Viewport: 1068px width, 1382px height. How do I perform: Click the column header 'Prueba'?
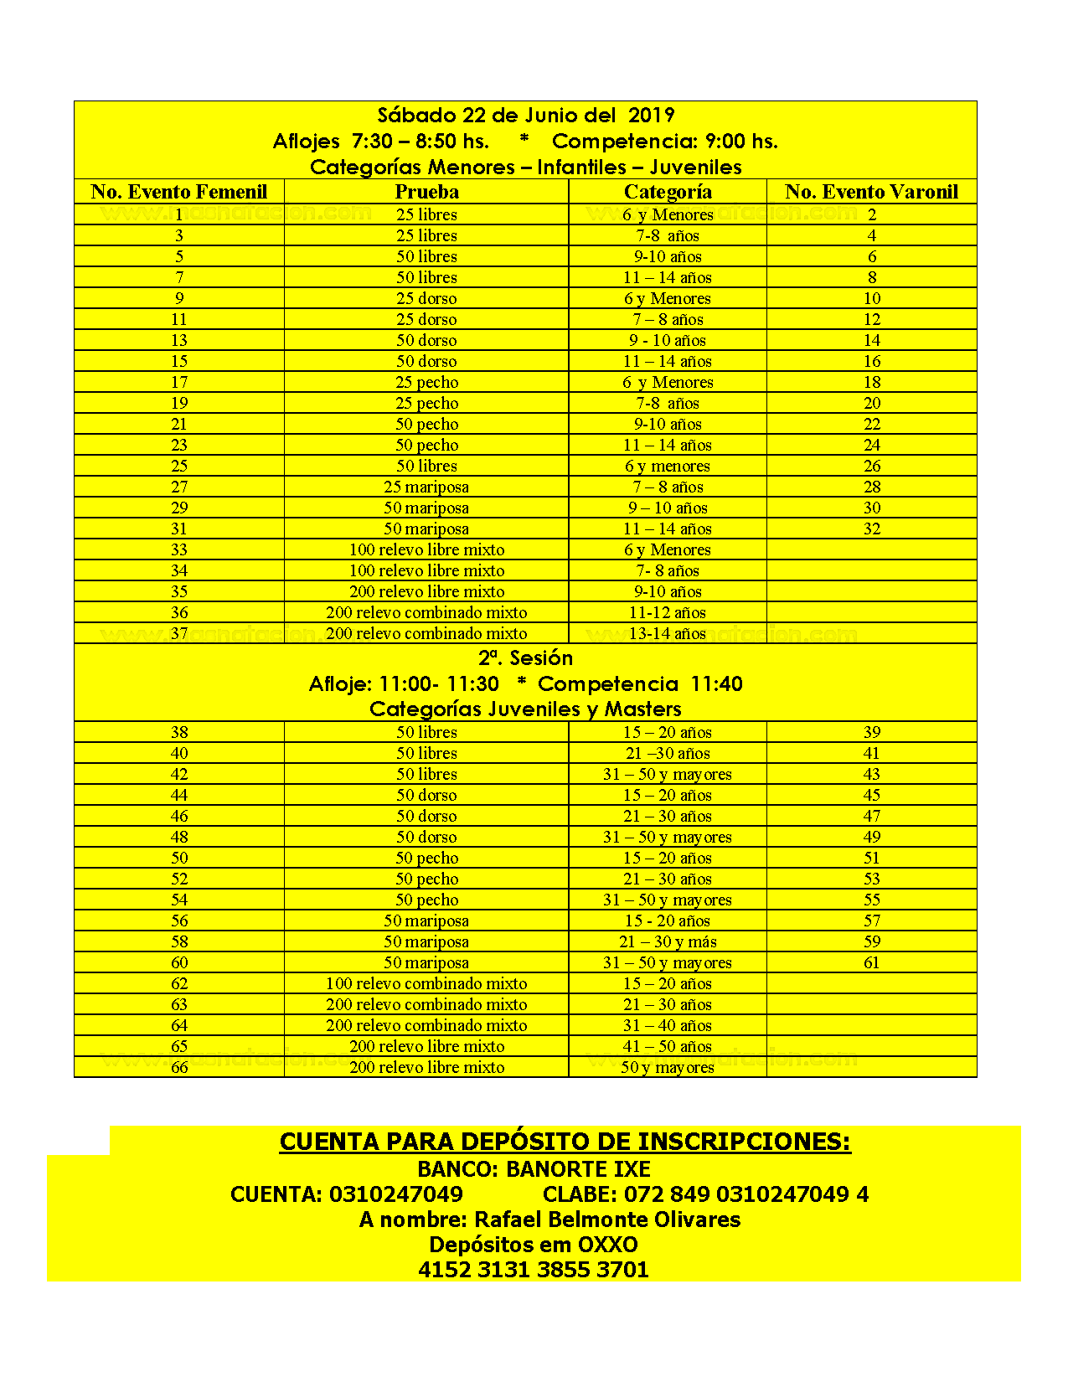click(x=426, y=192)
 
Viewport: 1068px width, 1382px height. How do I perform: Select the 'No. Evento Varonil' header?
click(x=871, y=192)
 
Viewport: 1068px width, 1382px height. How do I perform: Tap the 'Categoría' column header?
click(x=668, y=192)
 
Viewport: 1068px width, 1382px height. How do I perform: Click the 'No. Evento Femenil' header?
click(x=178, y=192)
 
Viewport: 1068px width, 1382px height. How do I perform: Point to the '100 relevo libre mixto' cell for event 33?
click(x=426, y=549)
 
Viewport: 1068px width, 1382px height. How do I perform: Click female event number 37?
click(x=179, y=633)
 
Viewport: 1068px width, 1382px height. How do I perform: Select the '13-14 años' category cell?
click(x=668, y=633)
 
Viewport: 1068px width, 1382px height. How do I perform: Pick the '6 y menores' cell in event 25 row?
click(x=668, y=466)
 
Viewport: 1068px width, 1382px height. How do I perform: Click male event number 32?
click(x=872, y=529)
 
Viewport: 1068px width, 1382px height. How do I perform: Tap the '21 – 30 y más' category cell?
click(x=668, y=941)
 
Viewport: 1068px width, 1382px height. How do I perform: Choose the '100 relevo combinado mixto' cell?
click(x=426, y=983)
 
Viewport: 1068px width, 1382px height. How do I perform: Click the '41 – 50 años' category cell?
click(x=668, y=1046)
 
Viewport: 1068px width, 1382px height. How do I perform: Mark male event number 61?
click(x=872, y=962)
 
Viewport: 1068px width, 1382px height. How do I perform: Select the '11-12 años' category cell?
click(x=668, y=612)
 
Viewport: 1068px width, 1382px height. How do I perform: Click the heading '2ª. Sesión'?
click(x=525, y=657)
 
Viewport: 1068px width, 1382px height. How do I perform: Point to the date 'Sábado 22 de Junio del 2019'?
click(x=525, y=115)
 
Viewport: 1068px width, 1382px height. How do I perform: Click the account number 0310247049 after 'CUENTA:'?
click(x=395, y=1194)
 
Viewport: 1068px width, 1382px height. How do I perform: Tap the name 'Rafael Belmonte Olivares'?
click(x=607, y=1219)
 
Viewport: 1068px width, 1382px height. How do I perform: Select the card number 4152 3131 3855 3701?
click(x=534, y=1269)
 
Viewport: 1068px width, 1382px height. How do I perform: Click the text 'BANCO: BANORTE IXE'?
click(x=534, y=1168)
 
